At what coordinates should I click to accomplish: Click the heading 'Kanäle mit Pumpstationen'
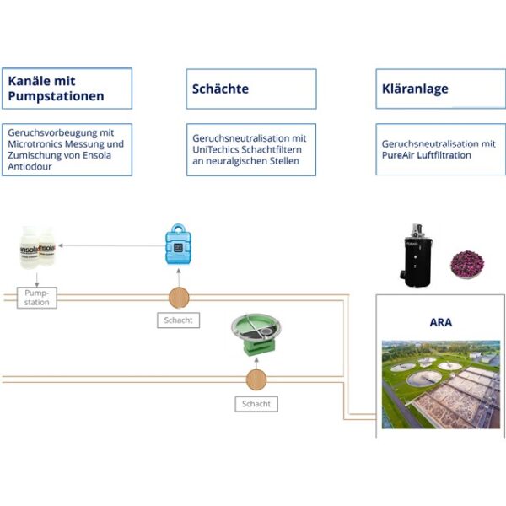click(57, 89)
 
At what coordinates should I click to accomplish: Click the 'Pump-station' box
click(37, 297)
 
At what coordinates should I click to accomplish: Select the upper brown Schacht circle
click(179, 297)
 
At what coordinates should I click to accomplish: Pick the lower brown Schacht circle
click(256, 379)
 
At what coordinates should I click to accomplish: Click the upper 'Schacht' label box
click(179, 320)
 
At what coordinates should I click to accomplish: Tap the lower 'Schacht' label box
click(256, 404)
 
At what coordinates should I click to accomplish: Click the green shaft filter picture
click(256, 337)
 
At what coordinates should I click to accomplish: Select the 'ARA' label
click(440, 321)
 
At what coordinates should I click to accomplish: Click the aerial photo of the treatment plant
click(440, 383)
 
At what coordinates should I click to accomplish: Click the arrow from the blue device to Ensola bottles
click(110, 246)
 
